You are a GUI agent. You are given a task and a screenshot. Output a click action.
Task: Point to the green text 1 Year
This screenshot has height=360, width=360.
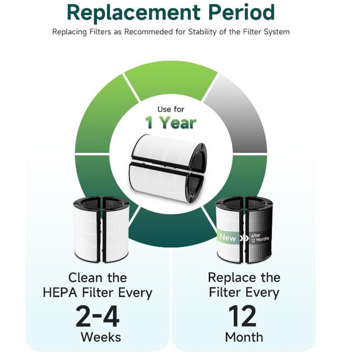pos(171,122)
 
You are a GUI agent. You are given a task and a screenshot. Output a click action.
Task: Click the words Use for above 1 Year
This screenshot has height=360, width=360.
pos(171,109)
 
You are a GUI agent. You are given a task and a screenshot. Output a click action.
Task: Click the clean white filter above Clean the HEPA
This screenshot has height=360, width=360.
pos(101,229)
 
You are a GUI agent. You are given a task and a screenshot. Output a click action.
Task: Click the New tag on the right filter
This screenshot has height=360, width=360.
pos(227,237)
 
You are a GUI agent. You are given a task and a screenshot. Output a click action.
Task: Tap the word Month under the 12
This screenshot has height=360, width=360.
pos(243,337)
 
